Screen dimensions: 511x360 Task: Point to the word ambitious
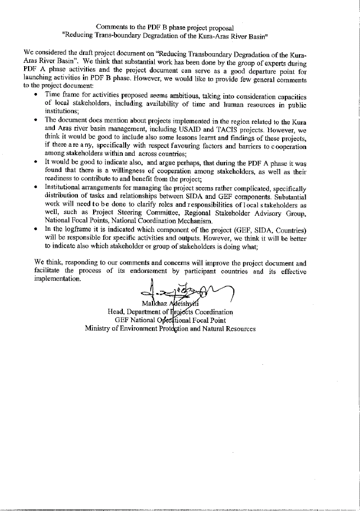point(188,96)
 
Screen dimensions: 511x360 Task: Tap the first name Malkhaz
point(154,304)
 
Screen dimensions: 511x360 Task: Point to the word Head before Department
point(116,312)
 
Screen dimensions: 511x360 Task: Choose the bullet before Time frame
point(36,95)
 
